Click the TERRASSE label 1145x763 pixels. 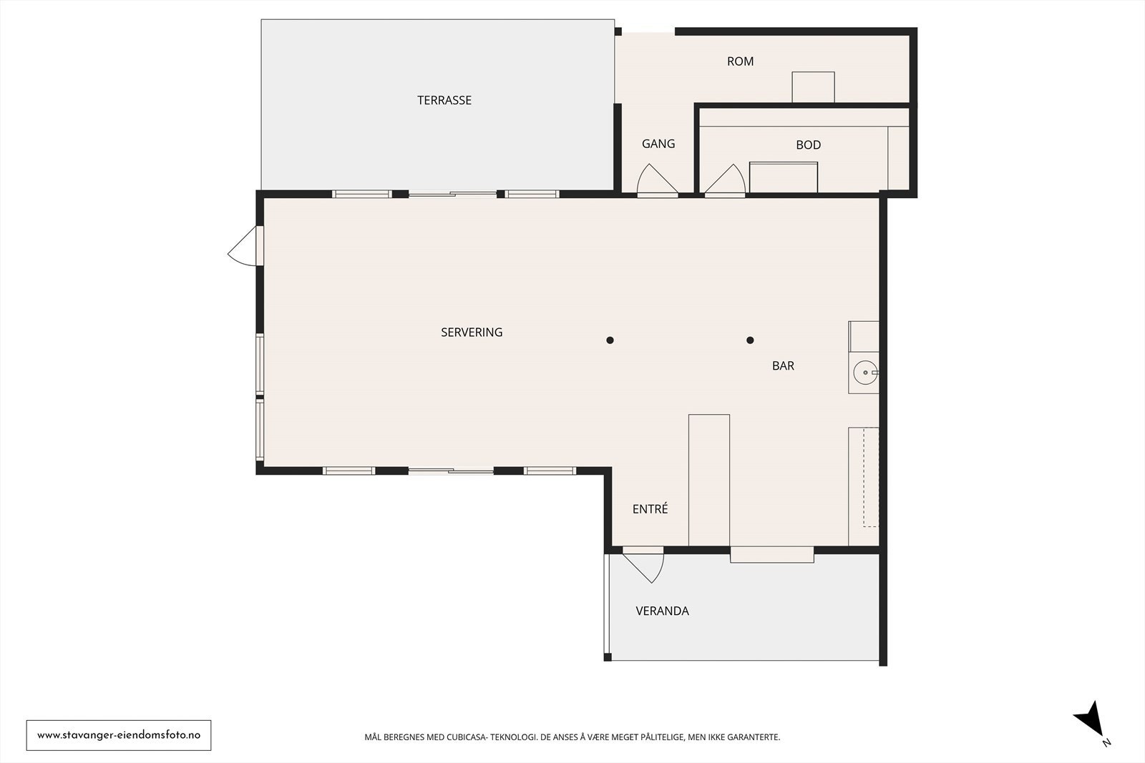pos(444,100)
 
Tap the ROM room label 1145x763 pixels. pos(740,61)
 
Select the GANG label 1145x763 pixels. pos(658,144)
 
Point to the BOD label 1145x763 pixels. pos(808,145)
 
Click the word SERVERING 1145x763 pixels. pos(472,333)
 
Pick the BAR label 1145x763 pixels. pos(783,365)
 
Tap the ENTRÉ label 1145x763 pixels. pos(651,508)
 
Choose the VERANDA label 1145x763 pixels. pos(662,611)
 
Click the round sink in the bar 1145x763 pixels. pos(865,373)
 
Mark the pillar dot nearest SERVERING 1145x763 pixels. pos(610,340)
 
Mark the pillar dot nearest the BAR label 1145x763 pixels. pos(750,340)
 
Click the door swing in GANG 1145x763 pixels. pos(658,179)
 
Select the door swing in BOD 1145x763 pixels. pos(725,179)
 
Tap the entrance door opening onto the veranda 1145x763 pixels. pos(643,565)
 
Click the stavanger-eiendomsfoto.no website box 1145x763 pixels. pos(119,735)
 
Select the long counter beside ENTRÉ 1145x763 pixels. pos(709,480)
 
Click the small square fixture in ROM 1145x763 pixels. pos(813,87)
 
